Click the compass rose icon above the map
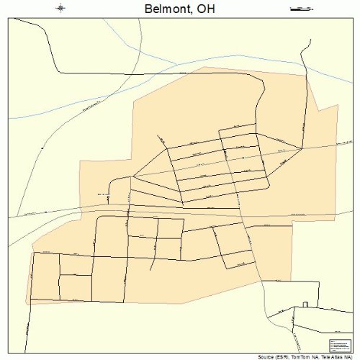(x=60, y=9)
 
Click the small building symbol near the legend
(x=305, y=304)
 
